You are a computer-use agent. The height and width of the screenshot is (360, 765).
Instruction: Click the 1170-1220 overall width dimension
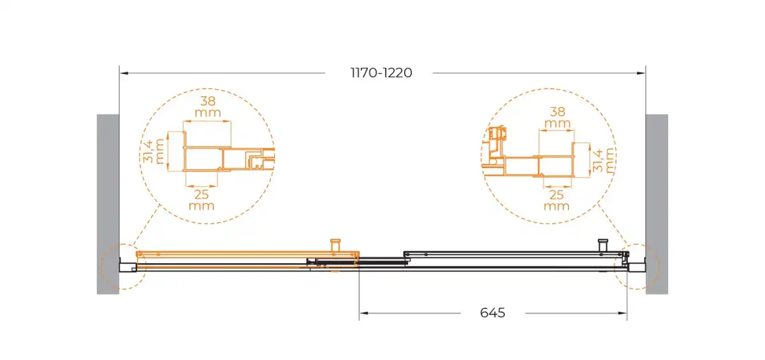pos(381,73)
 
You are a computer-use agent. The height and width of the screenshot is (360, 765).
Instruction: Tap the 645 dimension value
pos(492,313)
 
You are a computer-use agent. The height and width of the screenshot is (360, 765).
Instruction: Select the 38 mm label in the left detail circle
pos(208,106)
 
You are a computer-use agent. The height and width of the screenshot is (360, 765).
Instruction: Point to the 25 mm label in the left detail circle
pos(201,200)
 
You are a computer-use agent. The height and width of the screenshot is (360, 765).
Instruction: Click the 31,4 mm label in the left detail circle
pos(154,151)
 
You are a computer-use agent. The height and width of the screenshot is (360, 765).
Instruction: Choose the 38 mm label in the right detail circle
pos(557,117)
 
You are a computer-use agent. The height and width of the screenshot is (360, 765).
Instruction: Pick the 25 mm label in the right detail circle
pos(557,200)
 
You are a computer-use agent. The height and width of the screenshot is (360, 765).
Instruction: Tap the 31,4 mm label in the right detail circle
pos(604,161)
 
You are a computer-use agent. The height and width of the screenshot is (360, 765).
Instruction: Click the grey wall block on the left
pos(108,204)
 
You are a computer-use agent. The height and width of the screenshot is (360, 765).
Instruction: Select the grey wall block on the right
pos(657,204)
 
